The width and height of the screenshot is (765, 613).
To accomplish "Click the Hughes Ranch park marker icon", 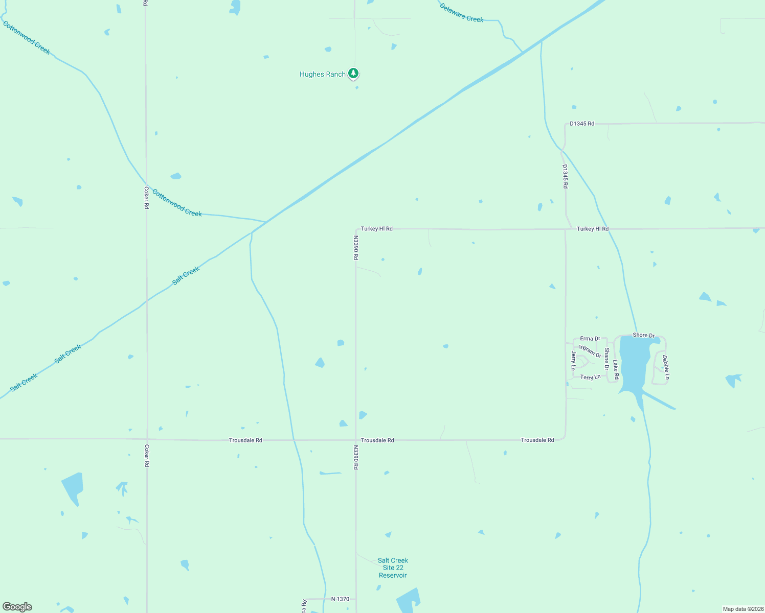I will pyautogui.click(x=353, y=74).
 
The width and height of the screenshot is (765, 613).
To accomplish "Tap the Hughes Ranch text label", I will pyautogui.click(x=322, y=75).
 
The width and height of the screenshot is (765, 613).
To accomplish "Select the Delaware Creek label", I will pyautogui.click(x=461, y=13).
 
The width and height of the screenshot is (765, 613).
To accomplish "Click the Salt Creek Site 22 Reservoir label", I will pyautogui.click(x=393, y=568).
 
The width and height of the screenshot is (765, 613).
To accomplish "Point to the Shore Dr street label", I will pyautogui.click(x=643, y=335).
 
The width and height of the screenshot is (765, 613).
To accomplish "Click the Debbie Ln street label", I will pyautogui.click(x=665, y=367).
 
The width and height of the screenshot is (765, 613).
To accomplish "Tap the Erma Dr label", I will pyautogui.click(x=590, y=339).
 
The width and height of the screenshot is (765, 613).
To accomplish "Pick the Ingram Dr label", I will pyautogui.click(x=590, y=351).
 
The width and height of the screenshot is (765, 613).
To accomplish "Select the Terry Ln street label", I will pyautogui.click(x=590, y=377).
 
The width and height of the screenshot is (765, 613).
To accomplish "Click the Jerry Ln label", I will pyautogui.click(x=573, y=360).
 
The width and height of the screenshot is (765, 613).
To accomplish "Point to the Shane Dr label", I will pyautogui.click(x=606, y=359).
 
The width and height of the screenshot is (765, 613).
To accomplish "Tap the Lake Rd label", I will pyautogui.click(x=616, y=369).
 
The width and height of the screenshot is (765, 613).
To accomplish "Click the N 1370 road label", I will pyautogui.click(x=340, y=599).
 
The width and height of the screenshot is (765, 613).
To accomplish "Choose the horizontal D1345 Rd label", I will pyautogui.click(x=582, y=124).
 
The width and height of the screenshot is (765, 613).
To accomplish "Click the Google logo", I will pyautogui.click(x=17, y=606).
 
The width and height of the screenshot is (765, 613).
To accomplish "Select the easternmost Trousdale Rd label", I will pyautogui.click(x=537, y=440).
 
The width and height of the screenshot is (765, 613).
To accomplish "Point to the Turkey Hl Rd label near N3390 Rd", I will pyautogui.click(x=376, y=229).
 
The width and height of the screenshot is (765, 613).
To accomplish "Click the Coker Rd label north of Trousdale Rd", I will pyautogui.click(x=146, y=198).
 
